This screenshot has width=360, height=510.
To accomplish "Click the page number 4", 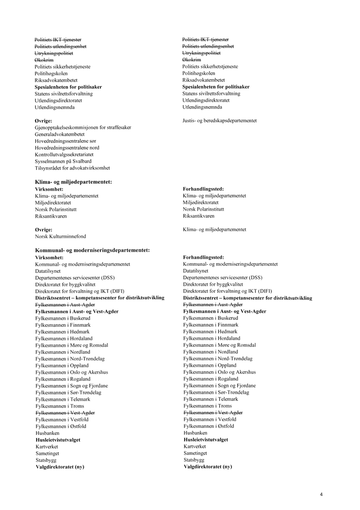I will tap(321, 494).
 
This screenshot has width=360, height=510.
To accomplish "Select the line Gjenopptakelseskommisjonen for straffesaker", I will tap(83, 128).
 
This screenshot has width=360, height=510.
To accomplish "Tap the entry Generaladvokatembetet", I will tap(59, 134).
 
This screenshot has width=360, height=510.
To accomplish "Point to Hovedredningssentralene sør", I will tap(65, 141).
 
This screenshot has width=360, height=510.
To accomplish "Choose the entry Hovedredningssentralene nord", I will tap(67, 148).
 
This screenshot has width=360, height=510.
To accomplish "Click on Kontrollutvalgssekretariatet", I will tap(64, 155).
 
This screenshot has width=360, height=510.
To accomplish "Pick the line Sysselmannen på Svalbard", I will tap(63, 161).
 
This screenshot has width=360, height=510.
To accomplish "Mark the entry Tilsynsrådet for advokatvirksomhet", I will tap(72, 168).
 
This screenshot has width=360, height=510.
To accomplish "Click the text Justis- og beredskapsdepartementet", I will tap(219, 121).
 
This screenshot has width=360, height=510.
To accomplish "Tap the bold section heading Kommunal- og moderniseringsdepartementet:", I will tap(93, 250).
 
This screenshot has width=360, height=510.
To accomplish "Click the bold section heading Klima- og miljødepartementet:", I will tap(73, 182).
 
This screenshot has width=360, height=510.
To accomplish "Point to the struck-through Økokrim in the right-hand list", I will tap(191, 60).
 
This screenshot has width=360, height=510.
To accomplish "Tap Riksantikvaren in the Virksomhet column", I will tap(51, 216).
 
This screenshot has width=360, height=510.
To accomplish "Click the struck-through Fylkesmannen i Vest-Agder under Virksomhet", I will tap(65, 412).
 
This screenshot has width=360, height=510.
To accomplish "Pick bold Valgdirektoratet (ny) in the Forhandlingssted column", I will tap(208, 466).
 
